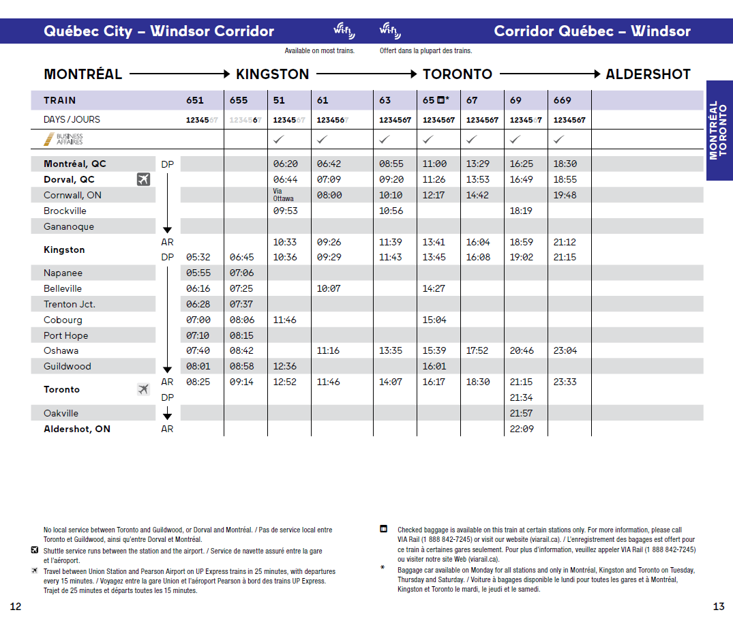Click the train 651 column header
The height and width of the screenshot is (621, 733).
point(195,100)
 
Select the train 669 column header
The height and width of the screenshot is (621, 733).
point(563,100)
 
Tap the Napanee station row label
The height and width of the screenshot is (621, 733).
point(63,273)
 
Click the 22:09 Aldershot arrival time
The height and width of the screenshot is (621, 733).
point(522,429)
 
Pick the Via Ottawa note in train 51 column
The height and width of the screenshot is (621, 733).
point(284,195)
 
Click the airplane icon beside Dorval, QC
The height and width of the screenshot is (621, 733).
point(143,179)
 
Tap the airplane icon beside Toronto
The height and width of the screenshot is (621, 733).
point(143,389)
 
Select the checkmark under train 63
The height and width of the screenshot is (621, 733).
point(385,139)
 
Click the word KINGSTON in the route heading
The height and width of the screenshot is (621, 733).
point(272,74)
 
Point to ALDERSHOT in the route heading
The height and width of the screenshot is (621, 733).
point(648,74)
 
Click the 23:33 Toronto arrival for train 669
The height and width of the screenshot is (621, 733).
point(565,382)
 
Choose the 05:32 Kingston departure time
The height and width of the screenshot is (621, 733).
point(198,257)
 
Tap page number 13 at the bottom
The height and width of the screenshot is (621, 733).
point(719,606)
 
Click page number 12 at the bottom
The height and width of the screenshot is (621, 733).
point(16,606)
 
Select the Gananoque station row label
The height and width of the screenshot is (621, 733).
point(69,226)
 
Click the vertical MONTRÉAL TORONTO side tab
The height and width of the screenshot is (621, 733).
point(719,130)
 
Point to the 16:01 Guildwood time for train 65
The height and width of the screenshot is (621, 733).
point(434,366)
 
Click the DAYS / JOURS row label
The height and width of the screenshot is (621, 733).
point(72,119)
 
